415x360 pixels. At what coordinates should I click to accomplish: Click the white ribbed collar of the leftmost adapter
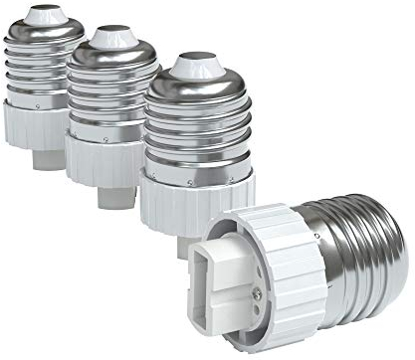point(40,125)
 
